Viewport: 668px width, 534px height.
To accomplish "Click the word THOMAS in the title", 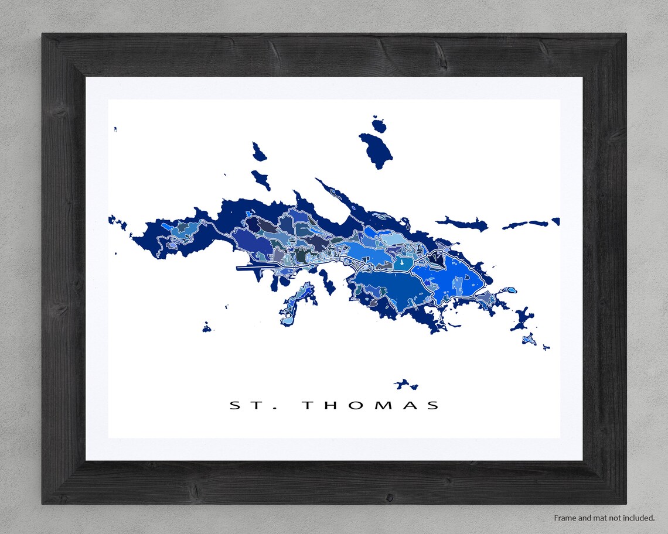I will pos(370,405).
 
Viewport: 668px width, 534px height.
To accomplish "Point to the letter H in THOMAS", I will pos(330,405).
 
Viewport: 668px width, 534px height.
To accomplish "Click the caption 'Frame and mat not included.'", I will pos(604,518).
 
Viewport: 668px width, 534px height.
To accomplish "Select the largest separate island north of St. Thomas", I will pos(377,150).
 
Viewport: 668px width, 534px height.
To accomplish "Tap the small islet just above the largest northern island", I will pos(379,124).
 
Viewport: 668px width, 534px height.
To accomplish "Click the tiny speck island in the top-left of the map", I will pos(115,129).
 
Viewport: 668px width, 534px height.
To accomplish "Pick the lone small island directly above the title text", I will pos(405,385).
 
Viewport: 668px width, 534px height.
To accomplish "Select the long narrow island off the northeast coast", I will pos(463,222).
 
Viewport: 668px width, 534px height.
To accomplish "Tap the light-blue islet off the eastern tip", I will pos(512,290).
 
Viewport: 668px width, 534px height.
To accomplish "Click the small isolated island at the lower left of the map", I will pos(206,327).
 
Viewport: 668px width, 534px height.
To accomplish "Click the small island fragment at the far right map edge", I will pos(555,221).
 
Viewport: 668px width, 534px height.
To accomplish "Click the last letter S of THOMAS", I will pos(434,405).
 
